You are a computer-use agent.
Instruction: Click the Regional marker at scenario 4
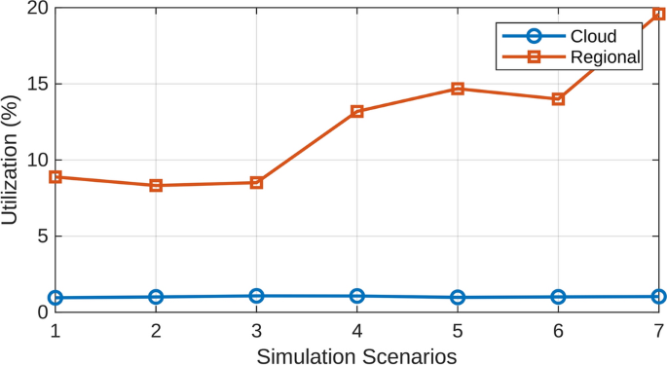(357, 111)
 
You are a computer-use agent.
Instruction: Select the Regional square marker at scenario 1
(56, 177)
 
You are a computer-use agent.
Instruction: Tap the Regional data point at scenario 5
(458, 89)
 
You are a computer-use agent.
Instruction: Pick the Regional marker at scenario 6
(558, 99)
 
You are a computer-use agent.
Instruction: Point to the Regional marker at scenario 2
(156, 185)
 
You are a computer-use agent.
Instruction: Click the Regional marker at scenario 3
(256, 182)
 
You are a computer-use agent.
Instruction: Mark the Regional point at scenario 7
(658, 14)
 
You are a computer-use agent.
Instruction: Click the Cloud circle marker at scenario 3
(256, 296)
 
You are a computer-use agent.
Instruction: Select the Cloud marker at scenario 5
(458, 297)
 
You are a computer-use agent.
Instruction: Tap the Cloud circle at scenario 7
(658, 296)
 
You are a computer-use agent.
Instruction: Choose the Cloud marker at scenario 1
(56, 297)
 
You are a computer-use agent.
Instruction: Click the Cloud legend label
(594, 37)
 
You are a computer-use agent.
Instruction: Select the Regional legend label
(607, 58)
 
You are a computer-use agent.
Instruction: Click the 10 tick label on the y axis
(34, 160)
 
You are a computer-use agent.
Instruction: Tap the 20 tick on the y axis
(34, 9)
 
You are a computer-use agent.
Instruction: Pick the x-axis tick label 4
(357, 331)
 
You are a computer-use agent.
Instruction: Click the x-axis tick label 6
(558, 331)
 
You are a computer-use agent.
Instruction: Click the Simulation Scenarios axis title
(356, 353)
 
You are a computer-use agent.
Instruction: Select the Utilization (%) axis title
(11, 160)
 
